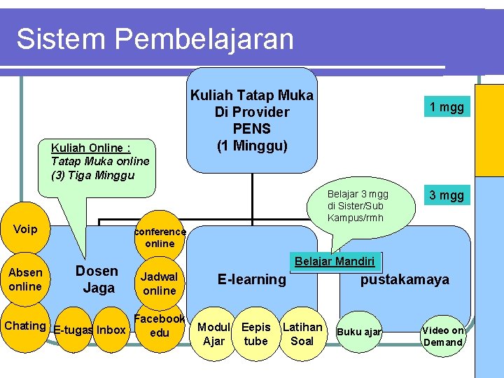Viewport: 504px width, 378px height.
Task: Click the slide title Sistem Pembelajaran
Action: (x=155, y=39)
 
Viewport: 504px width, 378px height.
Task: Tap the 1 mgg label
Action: (x=447, y=107)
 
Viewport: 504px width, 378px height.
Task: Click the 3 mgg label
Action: (x=447, y=195)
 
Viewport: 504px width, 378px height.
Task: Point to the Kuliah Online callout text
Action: (x=100, y=161)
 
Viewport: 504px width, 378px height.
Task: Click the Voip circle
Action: (x=25, y=230)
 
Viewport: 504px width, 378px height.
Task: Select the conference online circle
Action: (x=160, y=237)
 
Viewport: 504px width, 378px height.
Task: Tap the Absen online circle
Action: (x=25, y=279)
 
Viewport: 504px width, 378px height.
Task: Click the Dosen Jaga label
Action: (x=97, y=279)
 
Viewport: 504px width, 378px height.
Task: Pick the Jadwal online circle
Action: (x=160, y=283)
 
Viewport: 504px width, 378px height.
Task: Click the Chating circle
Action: (x=25, y=325)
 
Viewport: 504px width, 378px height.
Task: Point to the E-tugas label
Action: (x=73, y=330)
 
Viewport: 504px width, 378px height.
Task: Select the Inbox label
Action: (x=111, y=330)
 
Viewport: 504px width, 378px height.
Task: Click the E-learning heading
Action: (x=252, y=280)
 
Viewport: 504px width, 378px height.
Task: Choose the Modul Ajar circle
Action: (x=213, y=334)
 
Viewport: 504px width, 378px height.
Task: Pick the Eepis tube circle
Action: (x=255, y=334)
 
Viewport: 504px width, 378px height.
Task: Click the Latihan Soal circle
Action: (x=302, y=334)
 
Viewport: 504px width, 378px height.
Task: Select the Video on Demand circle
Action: (x=443, y=336)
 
